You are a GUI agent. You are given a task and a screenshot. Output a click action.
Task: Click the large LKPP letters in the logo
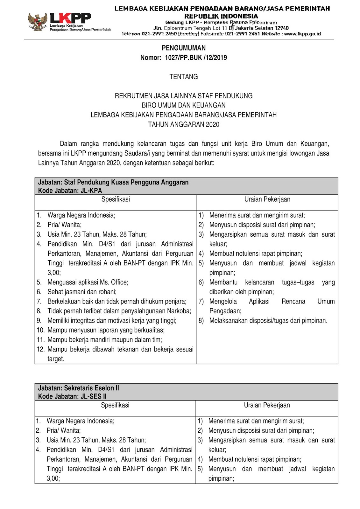coord(70,18)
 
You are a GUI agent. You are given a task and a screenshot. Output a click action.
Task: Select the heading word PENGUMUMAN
coord(184,48)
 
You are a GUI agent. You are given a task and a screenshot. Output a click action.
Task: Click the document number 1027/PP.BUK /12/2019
coord(196,58)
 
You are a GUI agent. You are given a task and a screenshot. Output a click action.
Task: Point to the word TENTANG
coord(184,77)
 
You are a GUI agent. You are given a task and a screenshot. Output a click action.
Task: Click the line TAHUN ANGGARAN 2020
coord(184,124)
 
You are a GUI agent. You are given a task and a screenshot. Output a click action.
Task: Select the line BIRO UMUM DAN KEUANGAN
coord(184,105)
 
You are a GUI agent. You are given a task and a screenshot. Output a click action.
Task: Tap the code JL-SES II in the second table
coord(94,396)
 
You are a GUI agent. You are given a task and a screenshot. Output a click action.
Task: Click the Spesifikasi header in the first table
coord(116,199)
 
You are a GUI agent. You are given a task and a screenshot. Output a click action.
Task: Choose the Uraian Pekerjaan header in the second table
coord(267,405)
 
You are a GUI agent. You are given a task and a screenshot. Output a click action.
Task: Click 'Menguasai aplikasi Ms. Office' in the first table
coord(88,282)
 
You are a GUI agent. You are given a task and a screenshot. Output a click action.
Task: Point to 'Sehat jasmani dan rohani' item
coord(82,292)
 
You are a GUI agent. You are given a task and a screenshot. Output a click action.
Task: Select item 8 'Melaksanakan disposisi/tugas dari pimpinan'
coord(268,321)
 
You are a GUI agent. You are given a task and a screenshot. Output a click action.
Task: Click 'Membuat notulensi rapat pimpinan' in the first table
coord(256,254)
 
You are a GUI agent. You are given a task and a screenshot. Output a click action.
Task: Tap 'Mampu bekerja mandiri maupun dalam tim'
coord(105,340)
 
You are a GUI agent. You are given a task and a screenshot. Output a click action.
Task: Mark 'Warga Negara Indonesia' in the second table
coord(80,421)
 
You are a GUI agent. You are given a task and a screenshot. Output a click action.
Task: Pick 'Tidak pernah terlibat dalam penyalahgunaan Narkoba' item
coord(119,311)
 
